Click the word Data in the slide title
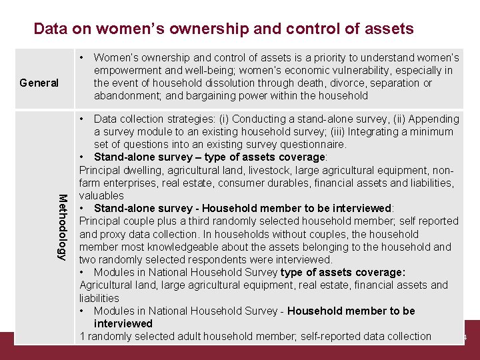48,29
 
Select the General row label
39,83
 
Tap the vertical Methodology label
62,227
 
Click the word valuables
101,196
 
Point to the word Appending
433,119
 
